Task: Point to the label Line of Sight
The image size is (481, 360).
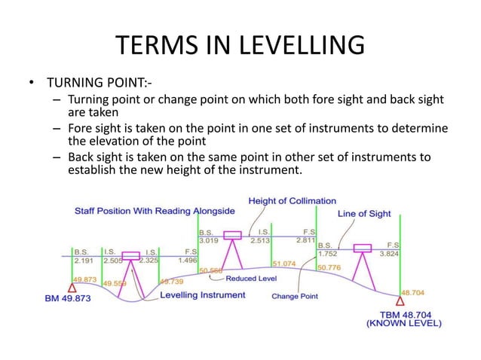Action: [x=364, y=214]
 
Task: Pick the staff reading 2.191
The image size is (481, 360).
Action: [x=84, y=261]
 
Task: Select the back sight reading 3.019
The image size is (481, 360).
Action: [x=209, y=241]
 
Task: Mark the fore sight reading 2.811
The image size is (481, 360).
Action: [x=305, y=240]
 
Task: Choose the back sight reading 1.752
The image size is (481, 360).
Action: [x=329, y=255]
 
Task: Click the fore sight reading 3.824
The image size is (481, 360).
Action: [x=389, y=255]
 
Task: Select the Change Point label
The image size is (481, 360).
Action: [x=294, y=296]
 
